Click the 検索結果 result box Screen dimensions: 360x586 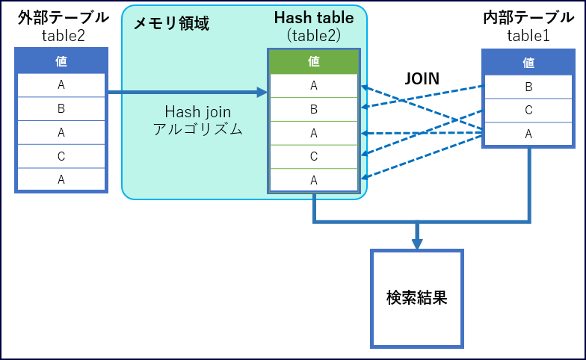coord(417,298)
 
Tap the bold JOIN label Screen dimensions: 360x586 coord(422,78)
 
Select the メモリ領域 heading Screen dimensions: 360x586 coord(171,24)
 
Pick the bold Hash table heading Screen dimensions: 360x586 coord(314,17)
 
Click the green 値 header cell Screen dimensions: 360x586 coord(314,62)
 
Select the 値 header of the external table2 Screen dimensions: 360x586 coord(61,61)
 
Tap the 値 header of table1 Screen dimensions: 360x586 coord(528,62)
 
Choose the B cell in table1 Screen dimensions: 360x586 coord(528,87)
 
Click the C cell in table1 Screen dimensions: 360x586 coord(528,111)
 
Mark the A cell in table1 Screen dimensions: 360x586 coord(528,134)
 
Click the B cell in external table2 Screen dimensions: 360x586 coord(61,109)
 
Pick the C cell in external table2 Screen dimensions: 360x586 coord(61,156)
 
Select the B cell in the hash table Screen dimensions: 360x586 coord(314,109)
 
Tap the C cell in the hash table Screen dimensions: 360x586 coord(314,156)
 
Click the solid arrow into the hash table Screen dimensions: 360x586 coord(187,93)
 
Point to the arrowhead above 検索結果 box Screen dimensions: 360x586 coord(417,243)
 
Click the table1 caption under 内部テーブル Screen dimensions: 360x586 coord(528,34)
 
